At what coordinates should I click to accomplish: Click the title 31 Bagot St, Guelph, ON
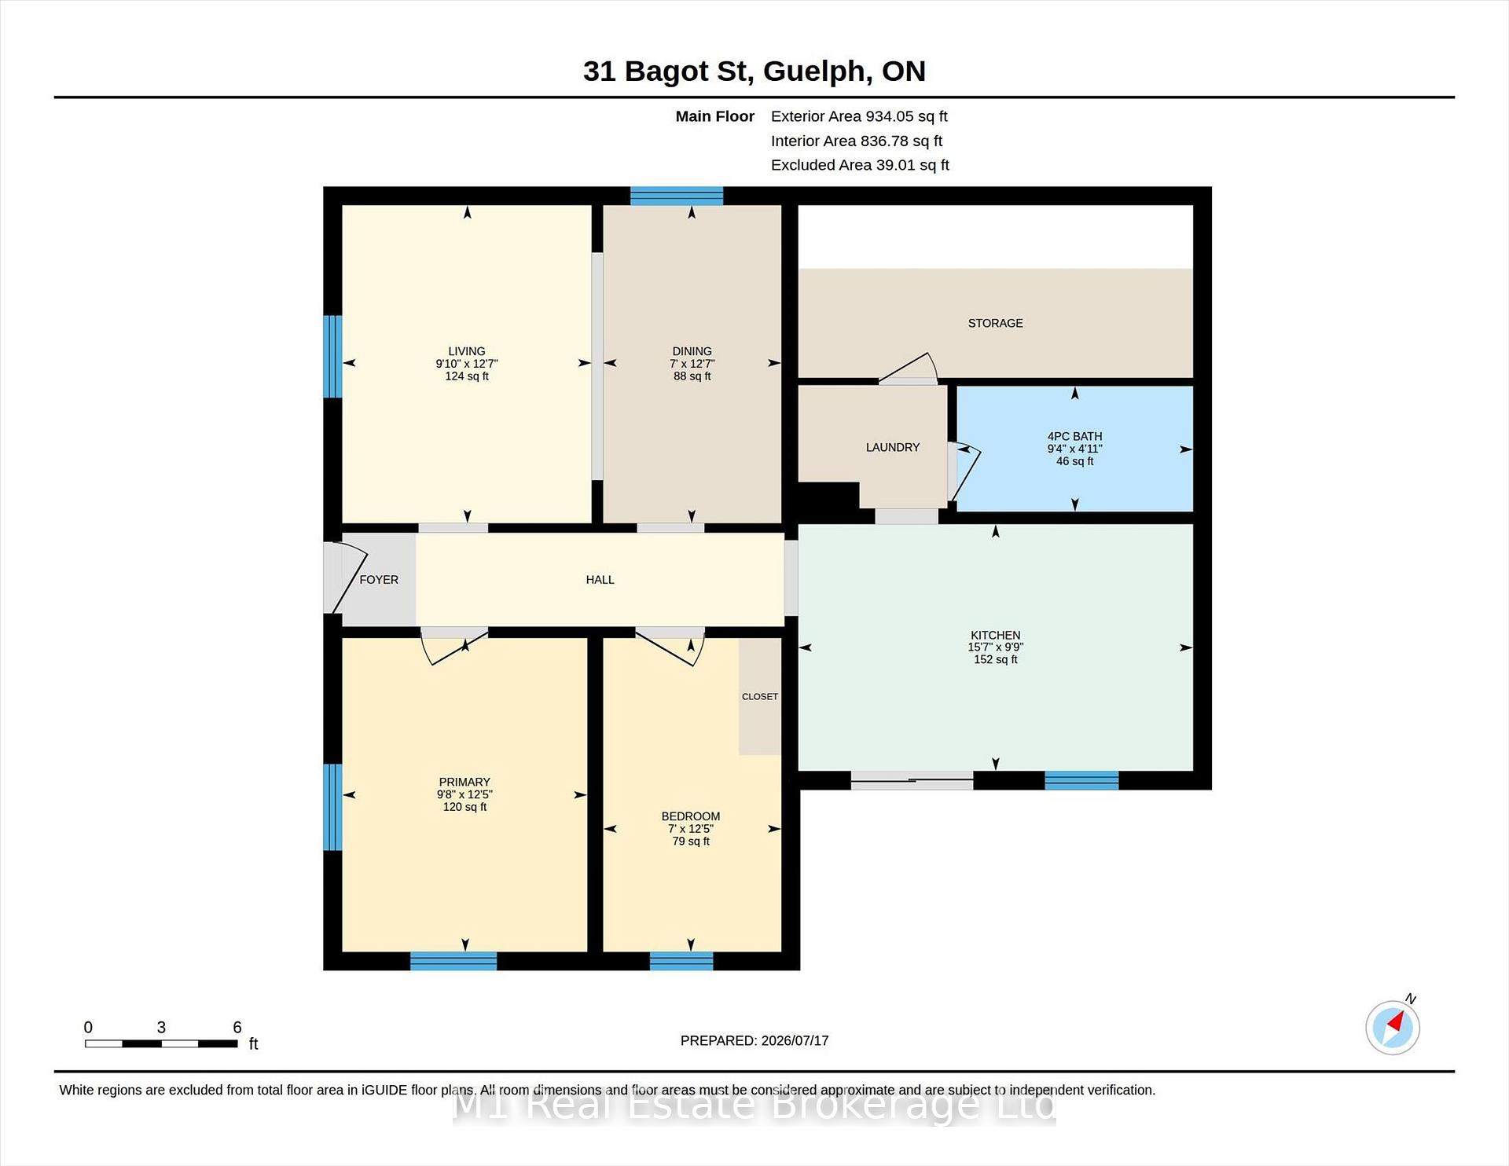(754, 71)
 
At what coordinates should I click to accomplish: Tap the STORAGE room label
(995, 323)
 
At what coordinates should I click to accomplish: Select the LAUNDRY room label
(892, 447)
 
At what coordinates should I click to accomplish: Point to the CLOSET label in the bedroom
(759, 696)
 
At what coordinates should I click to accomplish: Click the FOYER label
(379, 580)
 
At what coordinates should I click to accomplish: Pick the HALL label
(600, 580)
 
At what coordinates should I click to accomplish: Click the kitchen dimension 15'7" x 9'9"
(995, 647)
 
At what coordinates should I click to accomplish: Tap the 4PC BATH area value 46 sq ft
(1074, 461)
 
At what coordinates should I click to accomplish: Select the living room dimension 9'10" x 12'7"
(467, 364)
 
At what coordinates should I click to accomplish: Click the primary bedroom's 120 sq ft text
(464, 807)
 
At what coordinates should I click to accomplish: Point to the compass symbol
(1393, 1027)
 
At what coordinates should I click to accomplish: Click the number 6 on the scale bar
(237, 1027)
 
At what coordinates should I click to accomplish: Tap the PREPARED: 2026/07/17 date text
(754, 1040)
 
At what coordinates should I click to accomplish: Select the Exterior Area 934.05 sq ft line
(859, 116)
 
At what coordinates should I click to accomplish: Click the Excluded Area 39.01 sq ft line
(860, 165)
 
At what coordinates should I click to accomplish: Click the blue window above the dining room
(677, 196)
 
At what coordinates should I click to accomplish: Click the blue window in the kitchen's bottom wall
(1081, 780)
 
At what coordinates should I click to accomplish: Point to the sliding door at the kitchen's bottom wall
(912, 780)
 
